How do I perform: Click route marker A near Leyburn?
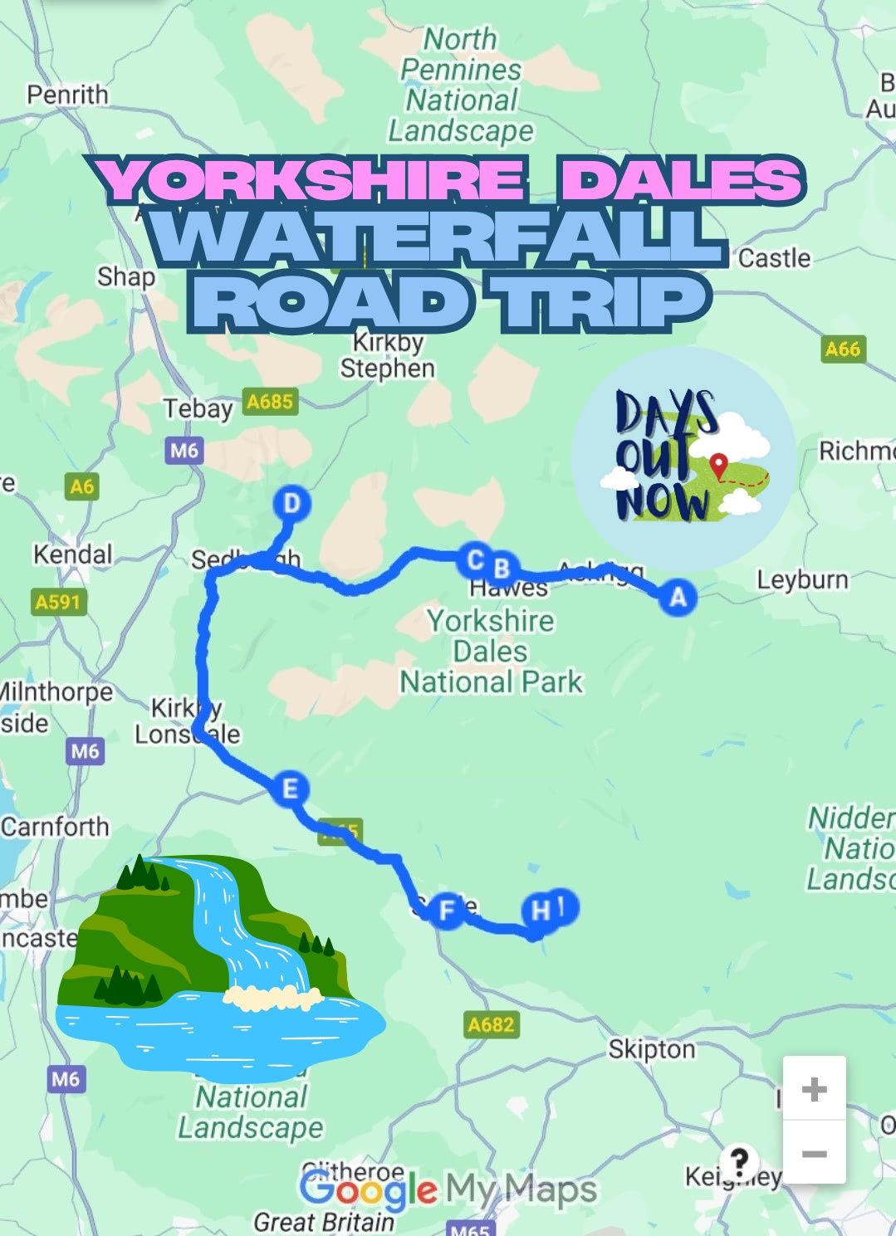(x=678, y=597)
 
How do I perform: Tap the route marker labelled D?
(x=291, y=504)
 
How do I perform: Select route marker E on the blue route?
(x=289, y=788)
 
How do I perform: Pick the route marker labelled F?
(x=447, y=911)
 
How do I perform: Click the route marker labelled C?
(x=474, y=560)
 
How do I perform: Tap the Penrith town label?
(x=67, y=95)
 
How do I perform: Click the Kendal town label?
(x=72, y=554)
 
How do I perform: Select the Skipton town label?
(x=651, y=1049)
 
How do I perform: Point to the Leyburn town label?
(x=802, y=579)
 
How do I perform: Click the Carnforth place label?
(x=55, y=827)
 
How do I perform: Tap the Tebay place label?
(x=198, y=408)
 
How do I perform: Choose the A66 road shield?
(x=842, y=349)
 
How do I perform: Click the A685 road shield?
(x=270, y=402)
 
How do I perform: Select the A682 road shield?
(x=491, y=1024)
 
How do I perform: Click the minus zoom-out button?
(x=814, y=1154)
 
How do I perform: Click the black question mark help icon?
(x=738, y=1160)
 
